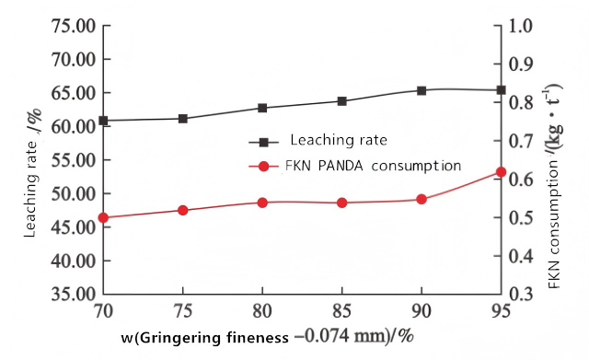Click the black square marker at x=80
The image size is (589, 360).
click(x=262, y=109)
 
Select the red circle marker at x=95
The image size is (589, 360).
click(x=501, y=172)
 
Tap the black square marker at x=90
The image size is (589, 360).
click(x=422, y=90)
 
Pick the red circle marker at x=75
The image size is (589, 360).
click(x=183, y=211)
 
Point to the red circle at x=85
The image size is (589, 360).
click(x=341, y=203)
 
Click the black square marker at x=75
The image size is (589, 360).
click(x=183, y=119)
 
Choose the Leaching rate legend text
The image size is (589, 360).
click(x=339, y=140)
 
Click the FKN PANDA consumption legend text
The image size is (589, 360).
click(x=373, y=166)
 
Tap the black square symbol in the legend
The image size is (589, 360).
click(x=264, y=143)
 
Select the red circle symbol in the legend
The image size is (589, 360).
click(x=264, y=166)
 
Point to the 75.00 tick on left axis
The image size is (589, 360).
click(x=74, y=27)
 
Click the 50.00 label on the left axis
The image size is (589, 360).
click(x=74, y=194)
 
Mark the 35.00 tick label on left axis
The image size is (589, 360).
click(x=74, y=295)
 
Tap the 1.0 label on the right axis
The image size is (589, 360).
click(x=521, y=27)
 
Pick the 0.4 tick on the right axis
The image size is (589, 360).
click(x=521, y=256)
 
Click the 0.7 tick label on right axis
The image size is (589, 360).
click(x=521, y=141)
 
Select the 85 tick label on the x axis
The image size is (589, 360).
click(x=341, y=311)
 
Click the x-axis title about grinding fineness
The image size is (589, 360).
click(x=268, y=337)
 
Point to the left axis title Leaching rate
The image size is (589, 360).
click(x=32, y=173)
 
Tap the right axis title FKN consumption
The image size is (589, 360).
click(x=553, y=186)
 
